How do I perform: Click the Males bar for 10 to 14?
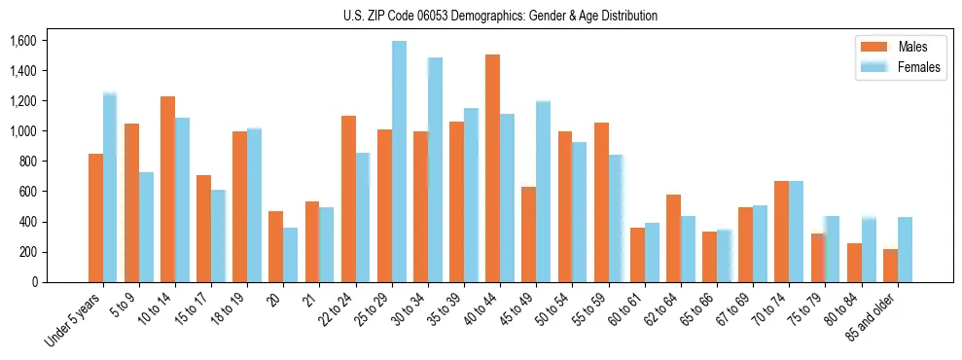[167, 190]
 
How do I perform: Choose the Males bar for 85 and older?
[890, 266]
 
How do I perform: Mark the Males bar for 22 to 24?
[348, 199]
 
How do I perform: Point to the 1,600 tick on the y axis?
[22, 41]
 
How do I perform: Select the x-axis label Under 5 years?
[73, 322]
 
